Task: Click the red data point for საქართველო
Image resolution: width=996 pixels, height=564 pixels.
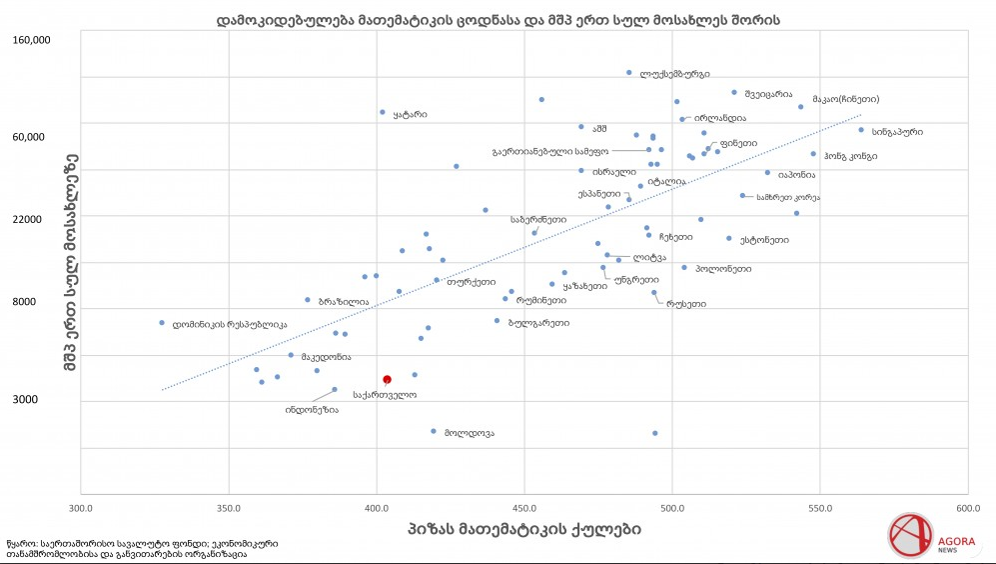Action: tap(387, 379)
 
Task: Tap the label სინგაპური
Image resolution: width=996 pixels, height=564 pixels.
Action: tap(896, 131)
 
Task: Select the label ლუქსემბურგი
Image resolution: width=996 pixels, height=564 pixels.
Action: tap(674, 74)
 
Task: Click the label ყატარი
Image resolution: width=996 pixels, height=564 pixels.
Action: tap(410, 114)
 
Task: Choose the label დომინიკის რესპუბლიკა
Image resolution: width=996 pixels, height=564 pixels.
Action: tap(230, 324)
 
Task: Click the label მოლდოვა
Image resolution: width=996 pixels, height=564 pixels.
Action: tap(470, 433)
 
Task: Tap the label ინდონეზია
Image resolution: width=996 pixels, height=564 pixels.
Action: tap(312, 410)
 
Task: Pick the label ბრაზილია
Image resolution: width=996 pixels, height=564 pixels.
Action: tap(343, 301)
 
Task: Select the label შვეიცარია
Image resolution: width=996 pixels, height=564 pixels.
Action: tap(768, 93)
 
